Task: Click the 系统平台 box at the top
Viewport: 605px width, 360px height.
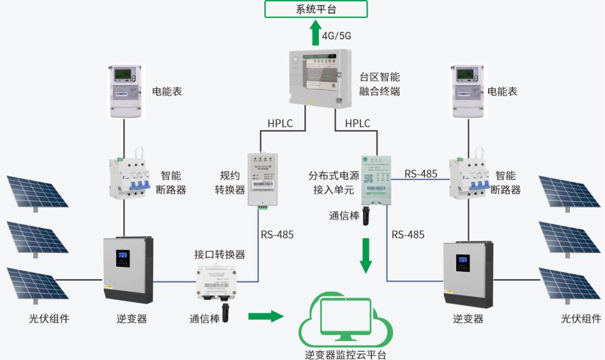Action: [x=316, y=9]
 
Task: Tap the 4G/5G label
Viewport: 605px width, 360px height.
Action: [x=336, y=36]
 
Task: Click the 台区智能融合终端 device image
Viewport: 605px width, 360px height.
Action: [x=314, y=78]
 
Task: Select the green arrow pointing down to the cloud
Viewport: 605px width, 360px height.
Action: [x=366, y=255]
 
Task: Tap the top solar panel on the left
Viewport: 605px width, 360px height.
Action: [x=35, y=190]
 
